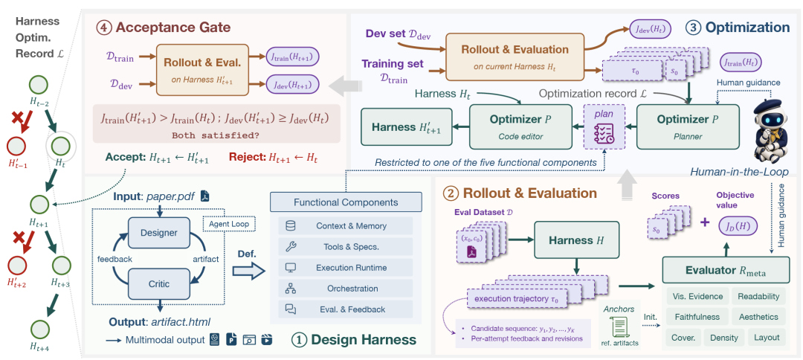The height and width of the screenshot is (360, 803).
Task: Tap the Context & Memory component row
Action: click(x=346, y=226)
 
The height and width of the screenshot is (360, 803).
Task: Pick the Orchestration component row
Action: click(x=346, y=289)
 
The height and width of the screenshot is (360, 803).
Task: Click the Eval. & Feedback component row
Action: click(x=346, y=309)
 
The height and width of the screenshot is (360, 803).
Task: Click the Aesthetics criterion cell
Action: click(x=758, y=317)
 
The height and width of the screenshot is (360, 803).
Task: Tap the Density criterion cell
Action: click(x=724, y=338)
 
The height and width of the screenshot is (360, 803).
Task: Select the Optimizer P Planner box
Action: click(x=688, y=127)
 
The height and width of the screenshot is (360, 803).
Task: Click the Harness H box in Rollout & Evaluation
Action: click(x=577, y=240)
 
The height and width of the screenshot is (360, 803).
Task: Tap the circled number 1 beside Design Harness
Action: click(x=298, y=339)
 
